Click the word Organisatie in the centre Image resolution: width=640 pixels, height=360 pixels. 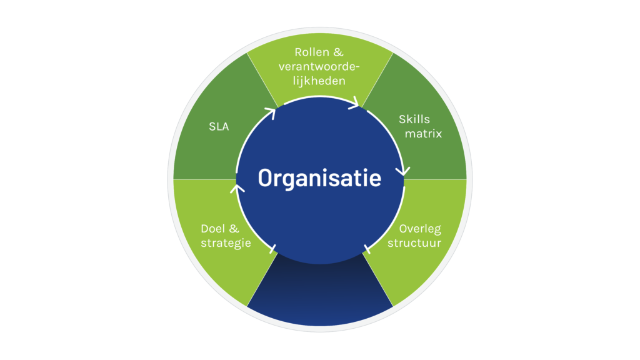pos(319,179)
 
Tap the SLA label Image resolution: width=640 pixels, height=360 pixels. pos(219,126)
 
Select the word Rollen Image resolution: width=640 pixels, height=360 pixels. pos(312,52)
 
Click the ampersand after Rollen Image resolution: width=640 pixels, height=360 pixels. pos(338,52)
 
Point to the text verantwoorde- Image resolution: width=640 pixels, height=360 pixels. pos(319,66)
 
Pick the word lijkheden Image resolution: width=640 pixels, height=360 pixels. pos(319,81)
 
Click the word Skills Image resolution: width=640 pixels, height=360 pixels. pos(414,119)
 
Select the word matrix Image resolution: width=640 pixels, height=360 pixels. pos(423,134)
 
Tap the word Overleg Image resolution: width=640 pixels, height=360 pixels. pos(420,229)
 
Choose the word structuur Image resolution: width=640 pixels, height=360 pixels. pos(414,243)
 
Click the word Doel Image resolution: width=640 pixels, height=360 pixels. pos(213,229)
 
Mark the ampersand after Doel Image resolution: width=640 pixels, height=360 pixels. pos(234,229)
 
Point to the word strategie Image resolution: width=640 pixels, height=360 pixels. pos(226,243)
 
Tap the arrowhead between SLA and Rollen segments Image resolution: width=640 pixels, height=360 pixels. pos(271,112)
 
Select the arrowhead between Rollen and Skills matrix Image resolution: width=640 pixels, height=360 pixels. pos(354,103)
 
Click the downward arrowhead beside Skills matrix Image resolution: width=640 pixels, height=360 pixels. pos(403,171)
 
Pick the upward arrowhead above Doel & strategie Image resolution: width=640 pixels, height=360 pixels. pos(237,189)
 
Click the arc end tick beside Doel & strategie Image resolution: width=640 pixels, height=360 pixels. pos(273,249)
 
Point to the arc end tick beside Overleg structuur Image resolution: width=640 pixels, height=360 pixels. pos(367,249)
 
